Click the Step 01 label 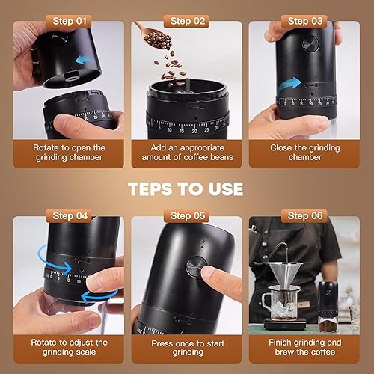[69, 22]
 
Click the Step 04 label [69, 215]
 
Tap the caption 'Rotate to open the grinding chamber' [69, 153]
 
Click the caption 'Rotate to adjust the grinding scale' [69, 347]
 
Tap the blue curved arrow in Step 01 [88, 61]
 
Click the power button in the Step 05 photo [197, 265]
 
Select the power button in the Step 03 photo [310, 43]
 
